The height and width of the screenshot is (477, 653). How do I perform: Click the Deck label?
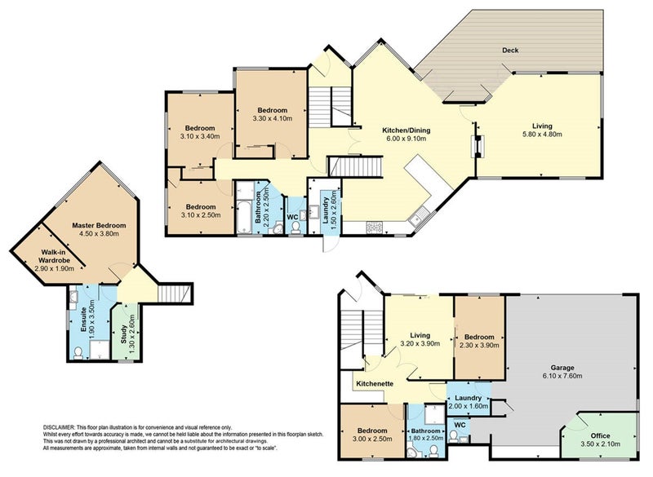click(510, 51)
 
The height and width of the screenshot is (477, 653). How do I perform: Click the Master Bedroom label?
click(98, 225)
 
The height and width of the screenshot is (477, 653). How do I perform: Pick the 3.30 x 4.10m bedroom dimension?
click(272, 120)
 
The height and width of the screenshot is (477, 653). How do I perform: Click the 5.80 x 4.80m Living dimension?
click(542, 135)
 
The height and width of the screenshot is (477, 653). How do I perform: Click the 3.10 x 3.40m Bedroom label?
click(199, 128)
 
